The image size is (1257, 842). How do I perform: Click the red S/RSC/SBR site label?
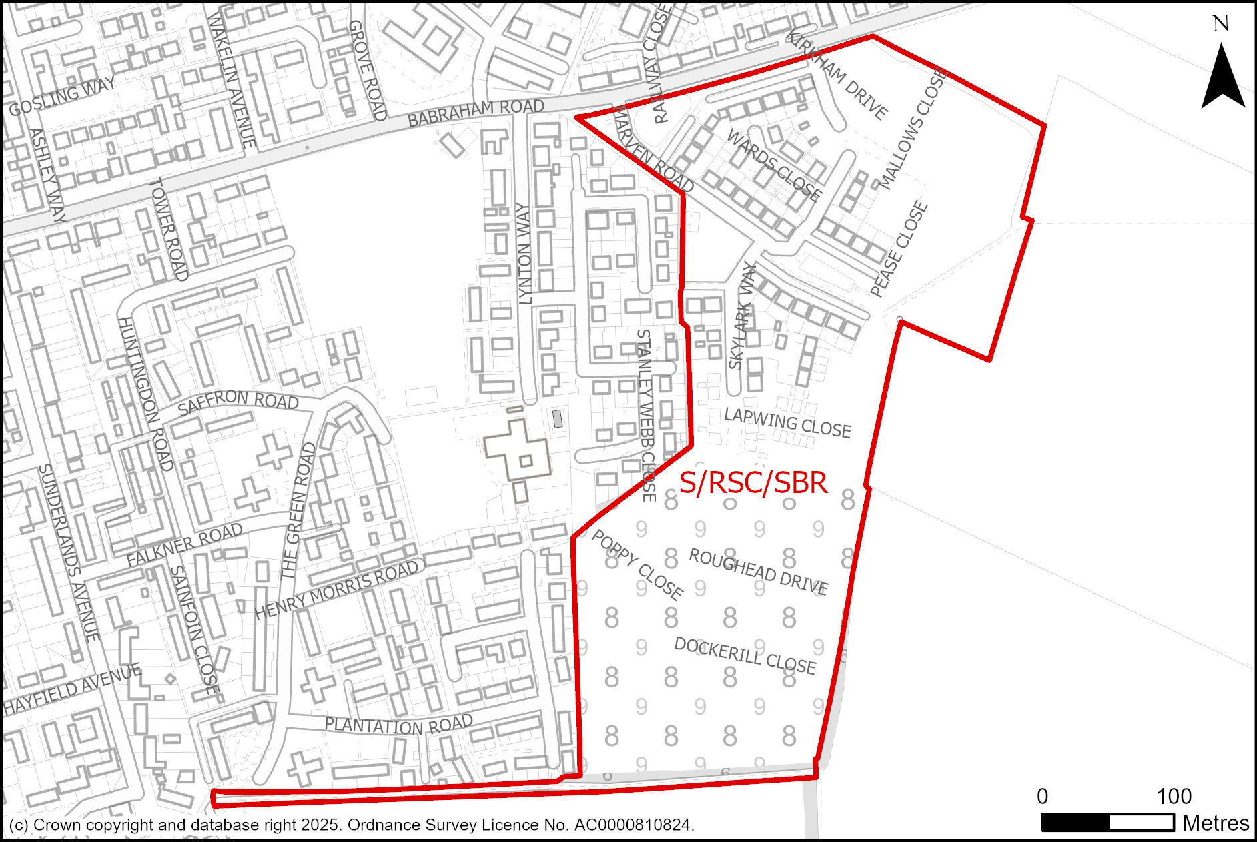[x=753, y=482]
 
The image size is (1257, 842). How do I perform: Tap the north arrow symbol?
[x=1222, y=77]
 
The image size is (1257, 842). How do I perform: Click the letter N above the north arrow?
[x=1221, y=24]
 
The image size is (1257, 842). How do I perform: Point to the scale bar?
[x=1108, y=823]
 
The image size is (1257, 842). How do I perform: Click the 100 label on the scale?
[x=1174, y=796]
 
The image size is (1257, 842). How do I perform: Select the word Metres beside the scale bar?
[x=1216, y=823]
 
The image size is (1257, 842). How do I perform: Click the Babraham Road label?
[x=476, y=113]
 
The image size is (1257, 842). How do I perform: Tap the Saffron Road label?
[x=238, y=402]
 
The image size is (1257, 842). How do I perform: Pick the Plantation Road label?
[x=398, y=725]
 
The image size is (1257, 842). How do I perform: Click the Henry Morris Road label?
[x=337, y=590]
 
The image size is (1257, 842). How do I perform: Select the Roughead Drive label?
[x=759, y=572]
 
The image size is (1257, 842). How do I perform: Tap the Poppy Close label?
[x=637, y=564]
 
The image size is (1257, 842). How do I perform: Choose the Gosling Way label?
[x=62, y=97]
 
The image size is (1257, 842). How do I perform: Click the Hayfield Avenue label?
[x=72, y=689]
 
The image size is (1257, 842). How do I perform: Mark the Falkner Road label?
[x=184, y=544]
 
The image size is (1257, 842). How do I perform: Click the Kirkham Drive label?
[x=837, y=75]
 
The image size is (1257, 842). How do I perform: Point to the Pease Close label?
[x=899, y=249]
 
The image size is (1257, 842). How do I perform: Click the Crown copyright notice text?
[x=352, y=825]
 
